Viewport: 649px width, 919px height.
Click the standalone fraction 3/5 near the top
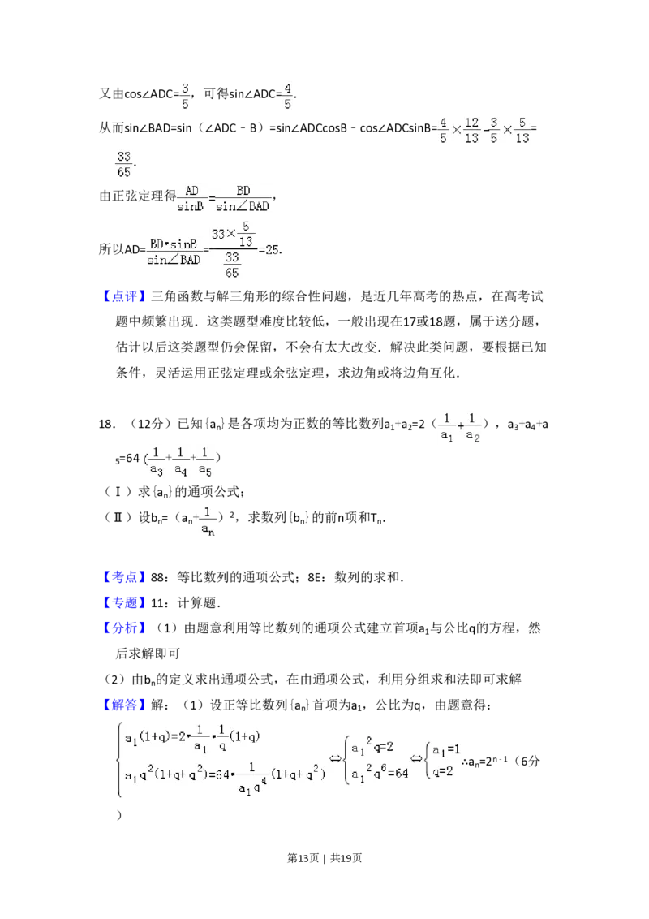[x=184, y=95]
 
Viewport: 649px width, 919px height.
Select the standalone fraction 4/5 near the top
[x=288, y=95]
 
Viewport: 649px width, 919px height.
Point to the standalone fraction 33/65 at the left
[x=123, y=162]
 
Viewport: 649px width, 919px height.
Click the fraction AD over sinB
[x=191, y=198]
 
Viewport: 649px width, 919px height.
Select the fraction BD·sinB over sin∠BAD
[x=173, y=250]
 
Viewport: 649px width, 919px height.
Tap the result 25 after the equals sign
[x=272, y=250]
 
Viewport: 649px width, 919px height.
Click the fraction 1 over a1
[x=447, y=428]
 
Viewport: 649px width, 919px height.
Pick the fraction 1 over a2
[x=473, y=428]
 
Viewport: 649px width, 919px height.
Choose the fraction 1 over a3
[x=157, y=460]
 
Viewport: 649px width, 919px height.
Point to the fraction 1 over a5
[x=205, y=460]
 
